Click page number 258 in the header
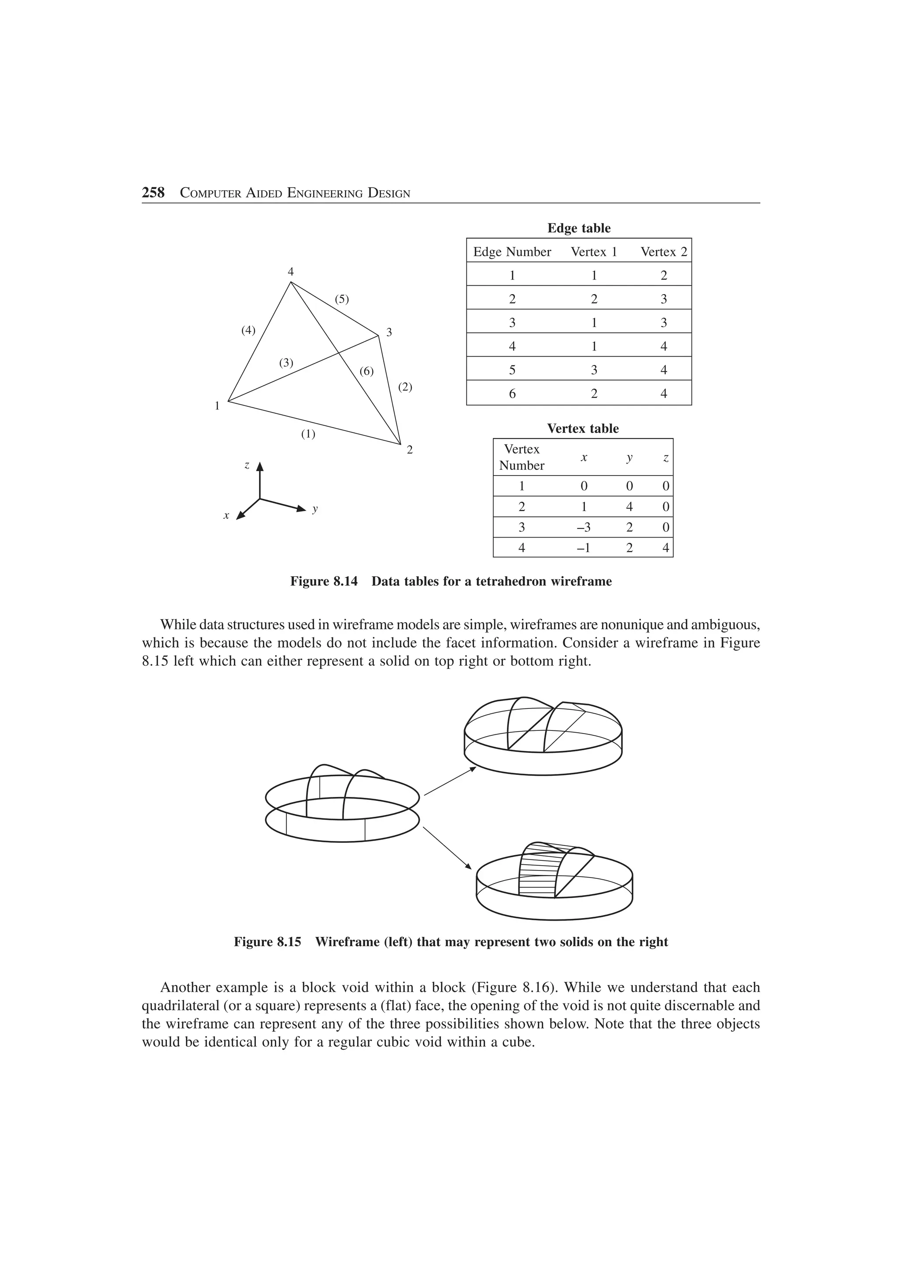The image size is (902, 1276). point(153,193)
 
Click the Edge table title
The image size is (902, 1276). point(579,228)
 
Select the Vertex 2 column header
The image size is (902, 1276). point(664,252)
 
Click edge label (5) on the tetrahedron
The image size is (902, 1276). point(342,299)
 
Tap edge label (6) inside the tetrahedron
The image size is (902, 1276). point(366,371)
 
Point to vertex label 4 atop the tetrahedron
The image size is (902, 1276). point(290,272)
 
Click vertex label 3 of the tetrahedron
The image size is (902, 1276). point(389,332)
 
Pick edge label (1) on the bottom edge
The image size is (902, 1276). point(308,434)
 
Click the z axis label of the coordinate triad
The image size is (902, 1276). point(247,465)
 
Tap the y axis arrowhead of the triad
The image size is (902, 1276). point(301,509)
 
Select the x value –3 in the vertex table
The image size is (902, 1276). point(584,527)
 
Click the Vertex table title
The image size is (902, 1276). point(582,428)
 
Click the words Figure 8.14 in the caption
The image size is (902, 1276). point(323,581)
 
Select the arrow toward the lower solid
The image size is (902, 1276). point(447,848)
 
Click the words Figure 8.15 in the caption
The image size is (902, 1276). point(267,942)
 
